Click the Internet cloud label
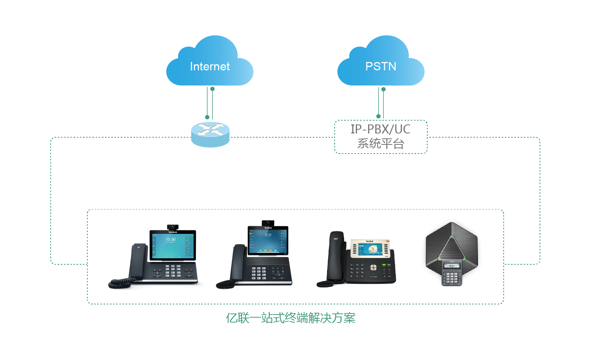(x=209, y=67)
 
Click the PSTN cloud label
(x=380, y=67)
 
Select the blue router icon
(x=210, y=135)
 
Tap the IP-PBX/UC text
(x=380, y=129)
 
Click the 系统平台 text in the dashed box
(x=380, y=144)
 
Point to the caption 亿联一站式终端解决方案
(x=290, y=318)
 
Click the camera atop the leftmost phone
(x=173, y=227)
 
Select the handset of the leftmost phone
(x=138, y=261)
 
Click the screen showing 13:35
(x=268, y=240)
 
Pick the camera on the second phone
(x=268, y=222)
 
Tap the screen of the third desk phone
(x=370, y=249)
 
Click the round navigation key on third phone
(x=373, y=268)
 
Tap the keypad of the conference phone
(x=452, y=277)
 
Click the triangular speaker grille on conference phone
(x=451, y=248)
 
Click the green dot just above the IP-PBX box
(x=378, y=116)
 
